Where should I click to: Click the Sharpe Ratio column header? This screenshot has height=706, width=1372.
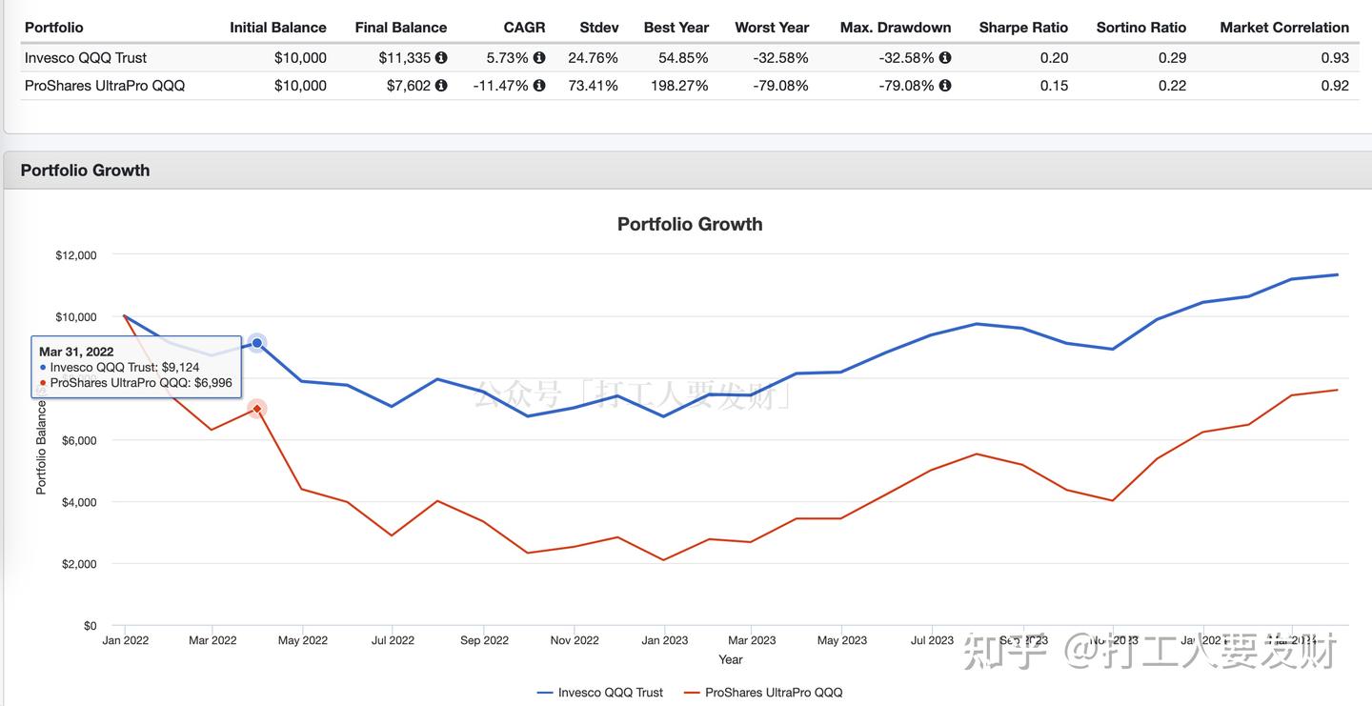1023,28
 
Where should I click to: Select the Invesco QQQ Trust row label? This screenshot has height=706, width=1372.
86,58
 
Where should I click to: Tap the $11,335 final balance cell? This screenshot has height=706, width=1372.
405,58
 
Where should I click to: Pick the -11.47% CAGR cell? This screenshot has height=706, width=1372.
500,86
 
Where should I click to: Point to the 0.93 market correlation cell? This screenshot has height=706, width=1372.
1335,58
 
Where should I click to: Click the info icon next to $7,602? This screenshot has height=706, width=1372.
441,86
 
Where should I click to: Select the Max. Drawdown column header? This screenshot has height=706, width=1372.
896,28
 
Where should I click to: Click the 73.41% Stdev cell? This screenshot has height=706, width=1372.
593,86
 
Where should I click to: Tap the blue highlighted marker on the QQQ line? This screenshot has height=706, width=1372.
257,343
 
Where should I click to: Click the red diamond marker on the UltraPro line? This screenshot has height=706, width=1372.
257,409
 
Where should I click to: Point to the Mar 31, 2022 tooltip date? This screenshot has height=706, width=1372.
76,352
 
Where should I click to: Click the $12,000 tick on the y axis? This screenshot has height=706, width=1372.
76,255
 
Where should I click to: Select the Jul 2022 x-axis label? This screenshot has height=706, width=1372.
392,640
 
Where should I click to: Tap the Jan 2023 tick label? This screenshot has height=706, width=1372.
664,640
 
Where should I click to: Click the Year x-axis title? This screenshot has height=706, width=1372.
731,659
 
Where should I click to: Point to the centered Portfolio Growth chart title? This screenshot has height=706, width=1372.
690,224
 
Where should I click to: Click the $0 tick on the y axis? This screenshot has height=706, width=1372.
90,626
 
